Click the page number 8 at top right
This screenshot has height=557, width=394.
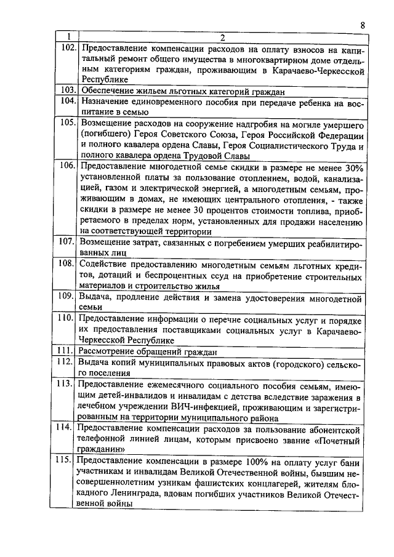(363, 25)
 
